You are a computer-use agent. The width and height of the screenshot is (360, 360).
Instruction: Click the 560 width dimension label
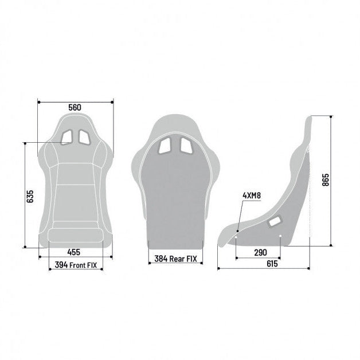tap(75, 107)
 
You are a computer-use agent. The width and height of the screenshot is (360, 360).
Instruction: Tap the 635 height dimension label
tap(30, 196)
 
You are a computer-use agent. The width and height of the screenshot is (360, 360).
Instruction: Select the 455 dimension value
tap(74, 252)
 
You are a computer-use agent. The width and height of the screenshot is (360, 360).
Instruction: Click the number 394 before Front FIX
tap(61, 265)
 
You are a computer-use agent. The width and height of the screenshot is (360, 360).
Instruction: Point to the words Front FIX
tap(83, 265)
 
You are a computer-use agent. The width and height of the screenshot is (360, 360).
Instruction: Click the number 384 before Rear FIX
tap(161, 259)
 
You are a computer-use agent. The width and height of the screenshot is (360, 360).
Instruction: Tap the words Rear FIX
tap(183, 259)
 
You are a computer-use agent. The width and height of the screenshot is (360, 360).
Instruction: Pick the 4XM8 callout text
tap(252, 195)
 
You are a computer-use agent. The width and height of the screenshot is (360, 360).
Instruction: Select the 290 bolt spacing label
tap(261, 253)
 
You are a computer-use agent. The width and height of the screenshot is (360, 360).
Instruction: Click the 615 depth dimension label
tap(272, 264)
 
